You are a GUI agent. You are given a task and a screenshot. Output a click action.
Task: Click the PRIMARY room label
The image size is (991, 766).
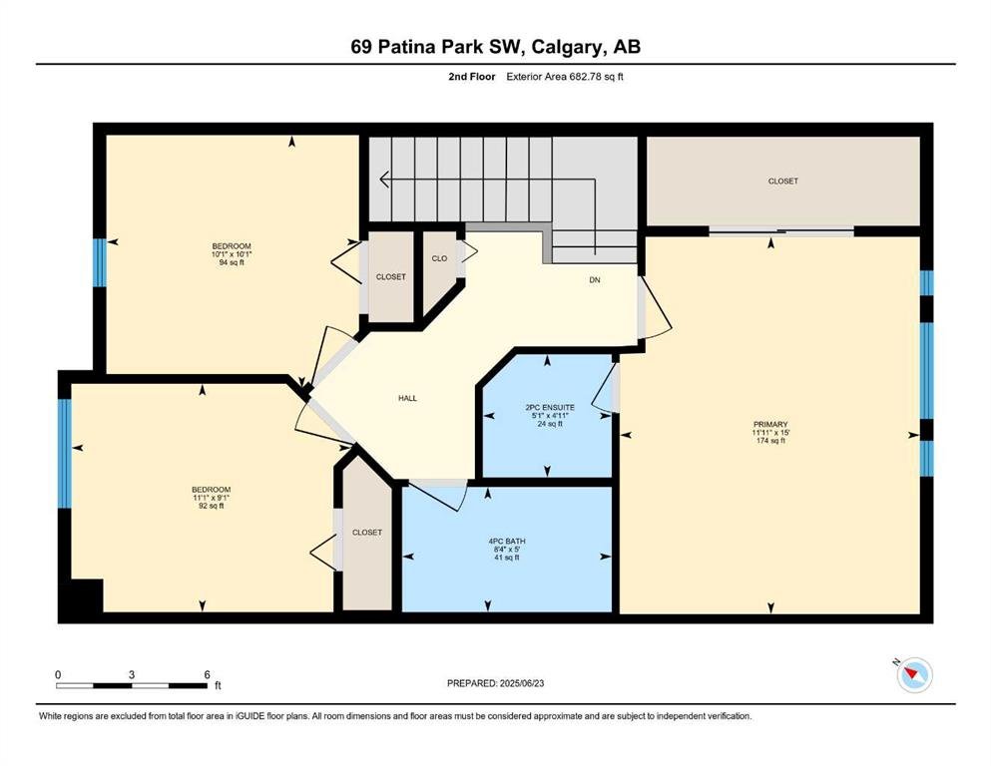coord(770,424)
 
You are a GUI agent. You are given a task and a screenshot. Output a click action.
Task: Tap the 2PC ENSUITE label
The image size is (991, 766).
coord(548,407)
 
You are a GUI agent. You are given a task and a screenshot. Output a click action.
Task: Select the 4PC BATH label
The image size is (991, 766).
coord(507,542)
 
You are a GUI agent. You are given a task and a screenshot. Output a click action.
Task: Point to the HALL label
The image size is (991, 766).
coord(407,399)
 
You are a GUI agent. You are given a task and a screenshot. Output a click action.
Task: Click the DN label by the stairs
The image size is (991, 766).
coord(595,279)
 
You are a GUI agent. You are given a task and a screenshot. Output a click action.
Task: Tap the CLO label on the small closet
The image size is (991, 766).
coord(439,258)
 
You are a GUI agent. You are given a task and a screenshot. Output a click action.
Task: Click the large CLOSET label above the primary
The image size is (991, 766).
coord(783,182)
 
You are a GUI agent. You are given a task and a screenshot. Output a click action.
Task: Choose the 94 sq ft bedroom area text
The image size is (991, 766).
coord(232,262)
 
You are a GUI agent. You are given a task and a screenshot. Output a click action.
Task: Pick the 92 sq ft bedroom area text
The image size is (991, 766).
coord(212,506)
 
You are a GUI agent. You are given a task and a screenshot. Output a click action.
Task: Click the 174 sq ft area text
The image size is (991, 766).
coord(770,441)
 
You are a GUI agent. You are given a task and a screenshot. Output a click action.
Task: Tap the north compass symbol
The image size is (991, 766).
coord(914,674)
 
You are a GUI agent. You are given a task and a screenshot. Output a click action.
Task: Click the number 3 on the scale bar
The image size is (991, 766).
coord(132,674)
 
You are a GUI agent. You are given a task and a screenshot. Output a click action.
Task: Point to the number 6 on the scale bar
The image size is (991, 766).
coord(208,674)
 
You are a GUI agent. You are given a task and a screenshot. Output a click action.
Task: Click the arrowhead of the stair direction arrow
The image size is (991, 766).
coord(383,180)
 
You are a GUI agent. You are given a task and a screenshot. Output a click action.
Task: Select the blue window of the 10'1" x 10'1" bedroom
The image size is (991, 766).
coord(99,262)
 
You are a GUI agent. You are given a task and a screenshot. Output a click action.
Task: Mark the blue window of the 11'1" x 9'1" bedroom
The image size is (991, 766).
coord(65,454)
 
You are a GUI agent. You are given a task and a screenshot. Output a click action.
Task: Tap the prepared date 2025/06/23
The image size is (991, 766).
coord(521,683)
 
